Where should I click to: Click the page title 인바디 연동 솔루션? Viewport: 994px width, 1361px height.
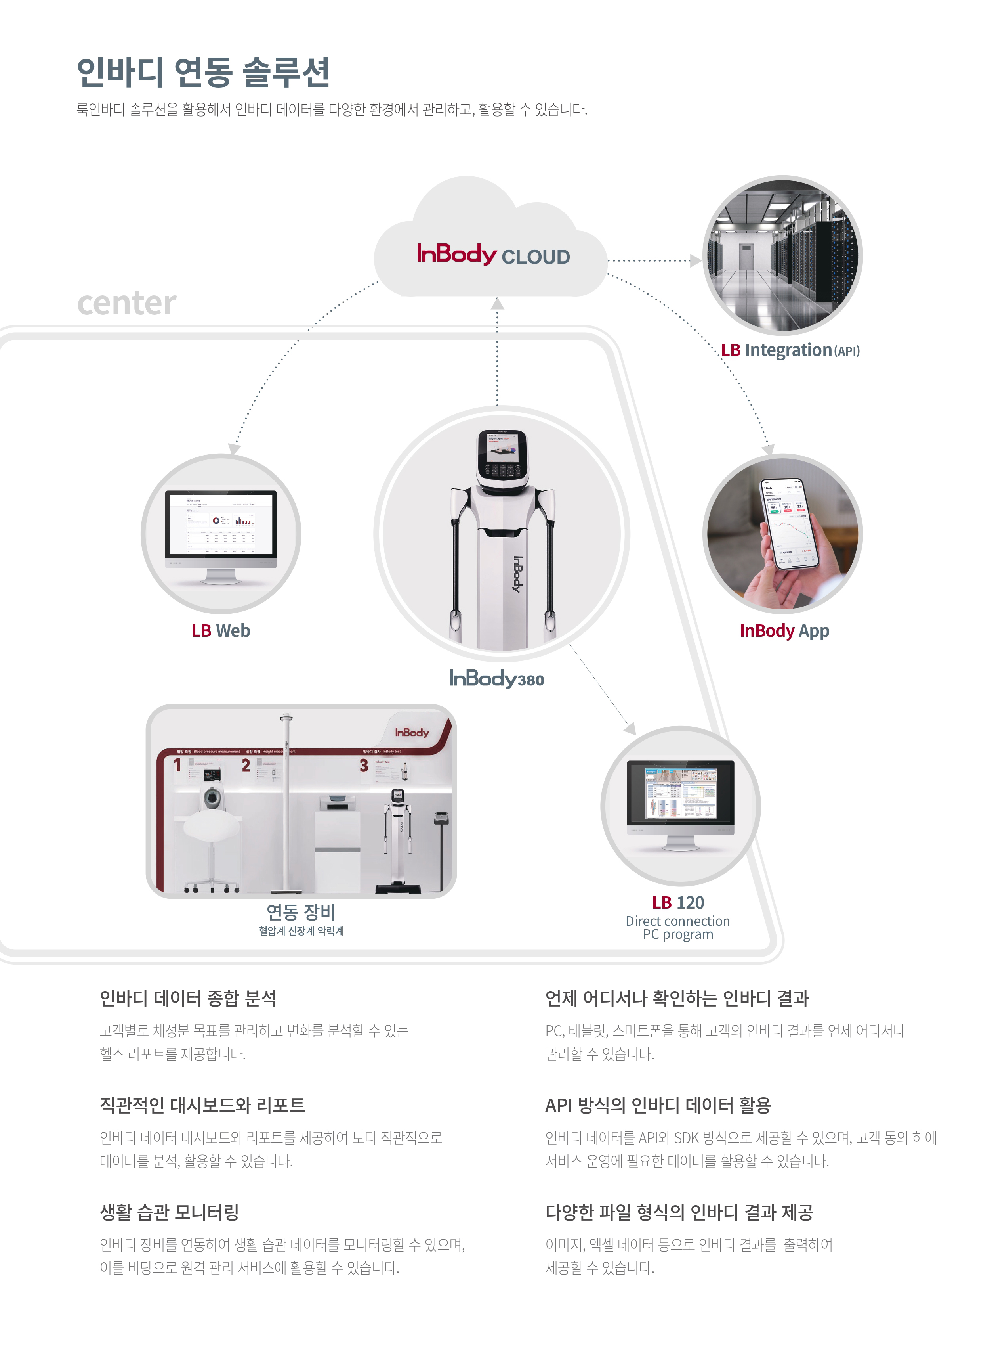click(x=203, y=72)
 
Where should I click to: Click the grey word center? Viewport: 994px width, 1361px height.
click(x=126, y=303)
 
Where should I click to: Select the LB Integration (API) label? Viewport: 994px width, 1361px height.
click(x=790, y=350)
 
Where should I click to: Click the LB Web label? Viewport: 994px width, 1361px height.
click(x=221, y=630)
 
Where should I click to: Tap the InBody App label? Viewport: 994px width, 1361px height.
click(x=784, y=630)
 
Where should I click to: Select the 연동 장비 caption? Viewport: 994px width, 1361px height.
click(x=301, y=912)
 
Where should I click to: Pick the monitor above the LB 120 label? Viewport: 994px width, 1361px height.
click(x=681, y=793)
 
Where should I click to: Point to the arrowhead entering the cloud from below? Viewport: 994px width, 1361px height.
click(x=497, y=304)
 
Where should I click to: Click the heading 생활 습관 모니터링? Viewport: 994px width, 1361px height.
click(x=170, y=1212)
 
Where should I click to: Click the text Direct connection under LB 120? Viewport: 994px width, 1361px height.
click(x=677, y=921)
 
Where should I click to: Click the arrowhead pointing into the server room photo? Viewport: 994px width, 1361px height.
click(x=696, y=260)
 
